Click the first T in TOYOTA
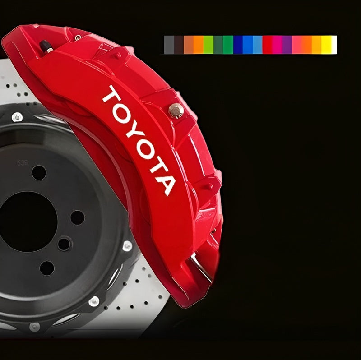111,94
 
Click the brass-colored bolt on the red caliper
176,110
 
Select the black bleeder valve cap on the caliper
46,46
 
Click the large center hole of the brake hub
27,222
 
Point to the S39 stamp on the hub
23,163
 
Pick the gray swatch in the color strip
169,45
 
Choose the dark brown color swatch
179,45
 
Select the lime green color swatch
208,45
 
